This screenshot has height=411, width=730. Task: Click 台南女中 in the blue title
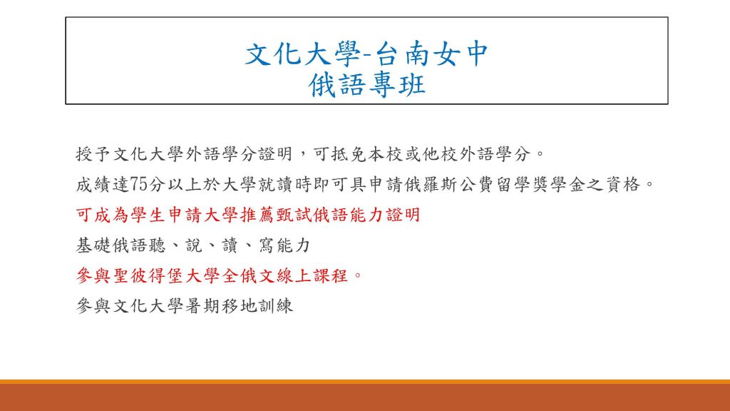pyautogui.click(x=431, y=54)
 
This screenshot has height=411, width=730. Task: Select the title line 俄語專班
pyautogui.click(x=367, y=86)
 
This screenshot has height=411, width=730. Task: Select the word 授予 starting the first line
pyautogui.click(x=93, y=154)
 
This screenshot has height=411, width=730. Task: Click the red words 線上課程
pyautogui.click(x=312, y=276)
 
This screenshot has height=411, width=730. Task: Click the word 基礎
pyautogui.click(x=93, y=245)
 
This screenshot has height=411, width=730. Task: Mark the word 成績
pyautogui.click(x=93, y=185)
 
